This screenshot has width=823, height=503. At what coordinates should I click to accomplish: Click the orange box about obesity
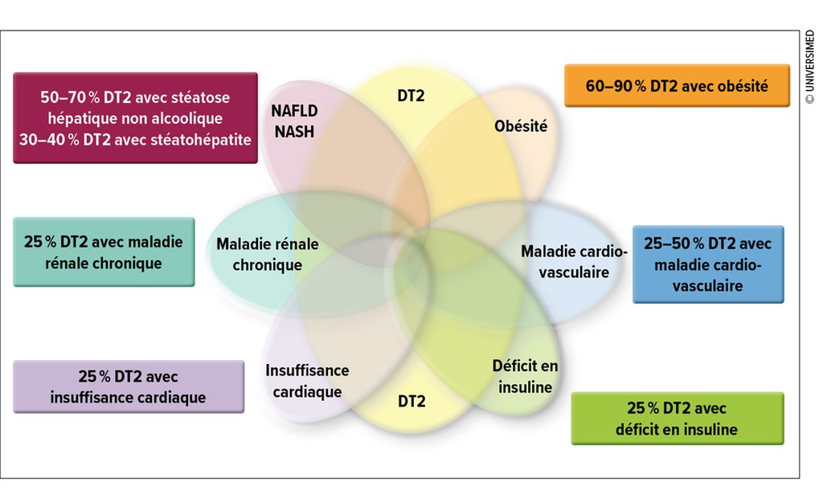(677, 85)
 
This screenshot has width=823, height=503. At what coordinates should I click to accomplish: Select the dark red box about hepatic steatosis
(135, 118)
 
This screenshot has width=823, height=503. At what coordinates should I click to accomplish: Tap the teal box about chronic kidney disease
(104, 251)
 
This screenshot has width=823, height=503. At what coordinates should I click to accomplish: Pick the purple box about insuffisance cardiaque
(129, 386)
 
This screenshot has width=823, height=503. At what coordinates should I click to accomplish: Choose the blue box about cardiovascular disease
(708, 264)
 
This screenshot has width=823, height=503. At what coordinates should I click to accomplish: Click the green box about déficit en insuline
(677, 419)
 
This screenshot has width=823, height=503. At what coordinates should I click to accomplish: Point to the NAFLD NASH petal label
(294, 121)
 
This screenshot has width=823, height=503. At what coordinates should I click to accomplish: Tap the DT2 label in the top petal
(411, 96)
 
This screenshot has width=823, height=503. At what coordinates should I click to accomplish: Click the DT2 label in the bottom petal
(411, 401)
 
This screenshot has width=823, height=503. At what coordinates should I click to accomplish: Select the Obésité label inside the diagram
(521, 126)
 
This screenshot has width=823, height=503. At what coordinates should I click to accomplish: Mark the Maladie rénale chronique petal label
(267, 255)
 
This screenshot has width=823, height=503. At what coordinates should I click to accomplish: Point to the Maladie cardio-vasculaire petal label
(574, 262)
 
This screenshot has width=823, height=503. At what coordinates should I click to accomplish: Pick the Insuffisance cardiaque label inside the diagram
(307, 381)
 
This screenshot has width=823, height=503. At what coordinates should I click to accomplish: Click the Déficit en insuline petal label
(525, 377)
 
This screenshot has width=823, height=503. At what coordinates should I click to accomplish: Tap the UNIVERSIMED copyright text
(810, 67)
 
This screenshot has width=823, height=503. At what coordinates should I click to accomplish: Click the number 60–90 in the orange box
(608, 86)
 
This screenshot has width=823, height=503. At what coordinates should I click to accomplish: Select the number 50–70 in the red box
(63, 97)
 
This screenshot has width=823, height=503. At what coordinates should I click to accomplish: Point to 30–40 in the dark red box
(42, 140)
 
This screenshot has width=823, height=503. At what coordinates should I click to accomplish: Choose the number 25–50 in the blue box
(666, 243)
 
